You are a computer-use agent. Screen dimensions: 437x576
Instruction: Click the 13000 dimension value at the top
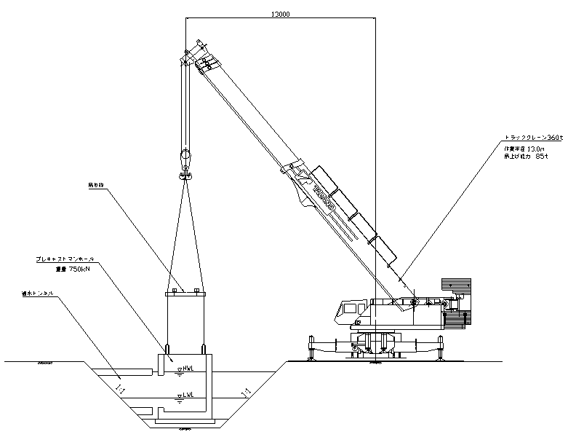(279, 14)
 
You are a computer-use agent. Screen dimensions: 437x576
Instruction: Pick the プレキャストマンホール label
(65, 259)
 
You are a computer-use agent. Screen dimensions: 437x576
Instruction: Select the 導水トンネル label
(39, 294)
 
